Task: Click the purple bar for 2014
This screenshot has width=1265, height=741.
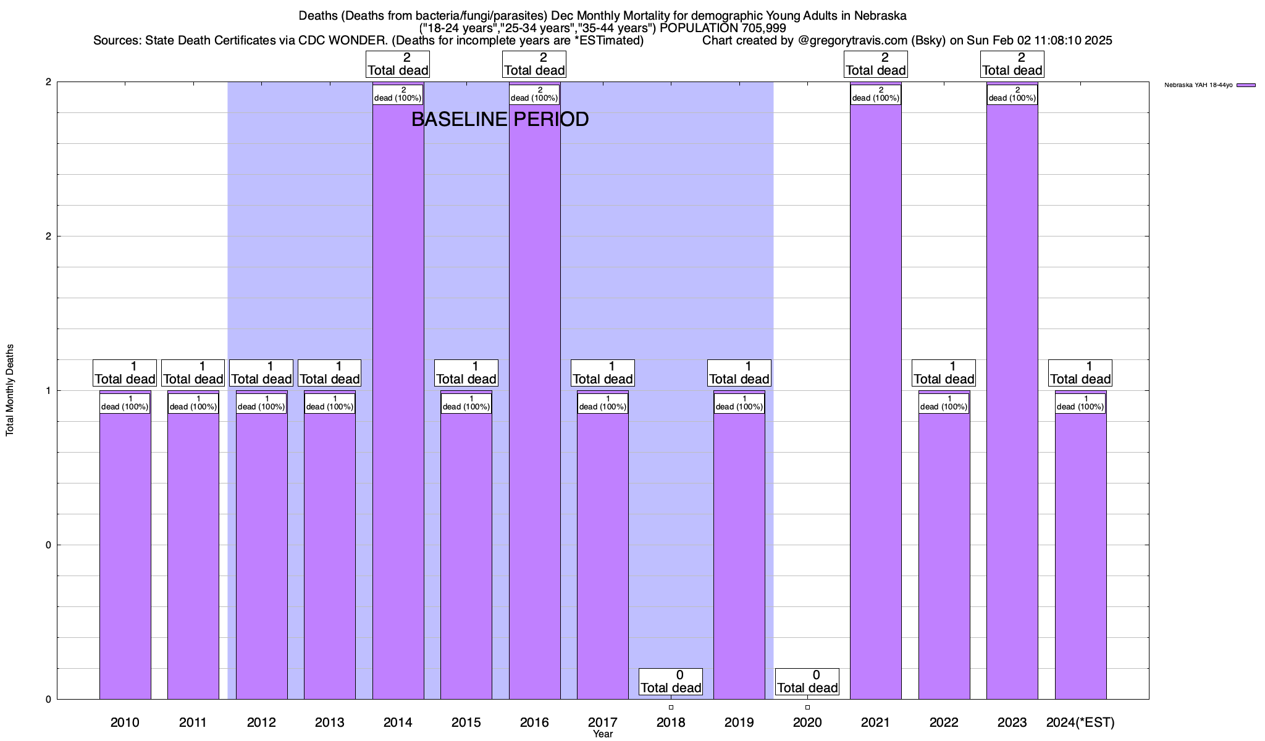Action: click(398, 401)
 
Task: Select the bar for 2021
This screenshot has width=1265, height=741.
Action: click(875, 401)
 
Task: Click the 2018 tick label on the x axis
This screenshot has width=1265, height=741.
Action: click(671, 722)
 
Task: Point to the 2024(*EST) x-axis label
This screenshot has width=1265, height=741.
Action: click(1080, 722)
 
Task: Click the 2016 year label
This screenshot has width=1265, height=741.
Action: click(534, 722)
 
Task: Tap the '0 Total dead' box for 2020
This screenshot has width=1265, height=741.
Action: click(807, 682)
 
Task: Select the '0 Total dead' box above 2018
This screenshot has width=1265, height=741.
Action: click(671, 682)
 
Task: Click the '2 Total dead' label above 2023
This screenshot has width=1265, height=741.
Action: click(1012, 64)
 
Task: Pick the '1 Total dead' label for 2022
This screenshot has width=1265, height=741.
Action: click(944, 373)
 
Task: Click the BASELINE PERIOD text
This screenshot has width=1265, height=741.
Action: click(500, 119)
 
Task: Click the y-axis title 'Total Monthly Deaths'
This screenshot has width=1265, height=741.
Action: click(10, 390)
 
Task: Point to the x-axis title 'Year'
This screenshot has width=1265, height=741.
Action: click(603, 734)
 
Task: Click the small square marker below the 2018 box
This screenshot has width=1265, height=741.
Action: click(671, 707)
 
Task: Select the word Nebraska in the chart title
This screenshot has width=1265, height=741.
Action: click(880, 15)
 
